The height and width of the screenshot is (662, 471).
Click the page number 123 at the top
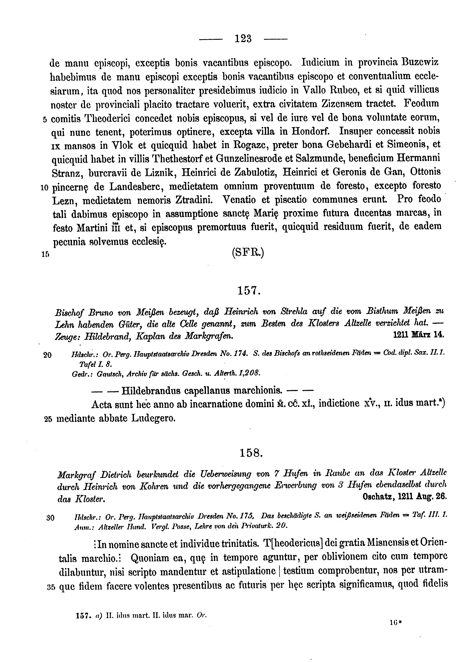243,38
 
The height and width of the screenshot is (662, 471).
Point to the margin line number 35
51,587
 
